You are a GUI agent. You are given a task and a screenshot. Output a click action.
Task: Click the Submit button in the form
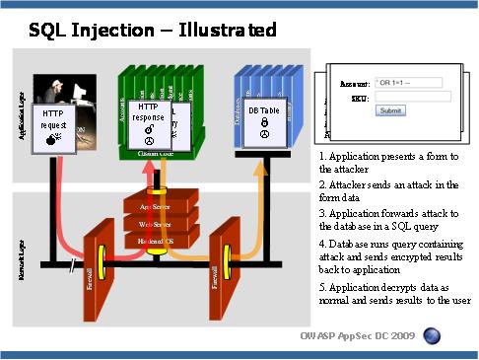click(390, 110)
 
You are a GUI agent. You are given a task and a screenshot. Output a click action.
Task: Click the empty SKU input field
click(412, 97)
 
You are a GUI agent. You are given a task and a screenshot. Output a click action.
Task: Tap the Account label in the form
click(355, 82)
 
